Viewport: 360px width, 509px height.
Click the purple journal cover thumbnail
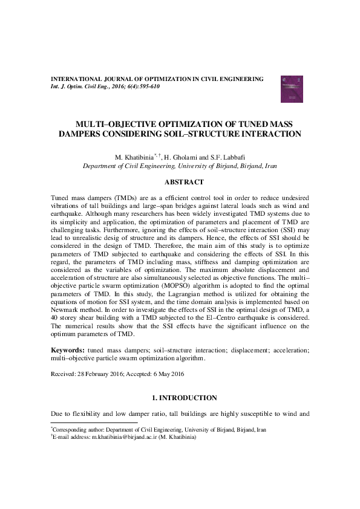[x=289, y=88]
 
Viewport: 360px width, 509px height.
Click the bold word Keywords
[x=68, y=350]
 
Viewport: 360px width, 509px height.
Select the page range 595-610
[x=148, y=87]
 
